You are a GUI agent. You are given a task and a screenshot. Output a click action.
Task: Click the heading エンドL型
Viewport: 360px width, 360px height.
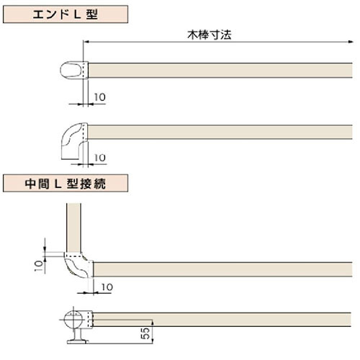click(66, 14)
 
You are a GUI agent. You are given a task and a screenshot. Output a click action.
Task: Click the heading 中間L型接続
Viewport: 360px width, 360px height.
click(66, 184)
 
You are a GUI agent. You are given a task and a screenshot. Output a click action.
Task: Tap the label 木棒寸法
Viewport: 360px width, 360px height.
click(210, 35)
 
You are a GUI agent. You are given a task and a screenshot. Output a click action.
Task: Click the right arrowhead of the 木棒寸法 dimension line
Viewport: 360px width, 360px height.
click(351, 42)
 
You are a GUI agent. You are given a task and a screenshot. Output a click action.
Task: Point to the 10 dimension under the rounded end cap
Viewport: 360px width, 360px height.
click(99, 97)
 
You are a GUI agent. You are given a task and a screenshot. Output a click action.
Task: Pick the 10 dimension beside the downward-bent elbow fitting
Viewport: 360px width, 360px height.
click(100, 158)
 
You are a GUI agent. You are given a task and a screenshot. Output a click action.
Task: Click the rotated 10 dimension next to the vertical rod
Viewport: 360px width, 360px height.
click(38, 266)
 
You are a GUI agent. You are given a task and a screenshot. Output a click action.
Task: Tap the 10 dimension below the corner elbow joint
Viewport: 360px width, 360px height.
click(107, 287)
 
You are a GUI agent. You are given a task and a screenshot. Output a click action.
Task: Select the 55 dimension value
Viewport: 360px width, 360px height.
click(145, 333)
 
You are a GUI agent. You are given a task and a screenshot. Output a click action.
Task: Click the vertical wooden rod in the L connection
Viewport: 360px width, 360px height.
click(73, 228)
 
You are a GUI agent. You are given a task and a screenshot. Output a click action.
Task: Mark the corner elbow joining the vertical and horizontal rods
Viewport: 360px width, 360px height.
click(78, 265)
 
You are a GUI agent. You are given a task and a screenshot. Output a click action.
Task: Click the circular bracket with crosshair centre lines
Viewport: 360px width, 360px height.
click(73, 320)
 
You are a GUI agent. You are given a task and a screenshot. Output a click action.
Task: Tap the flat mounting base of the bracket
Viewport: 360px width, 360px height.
click(78, 341)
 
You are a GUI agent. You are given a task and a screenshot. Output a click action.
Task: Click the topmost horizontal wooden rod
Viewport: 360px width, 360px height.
click(220, 70)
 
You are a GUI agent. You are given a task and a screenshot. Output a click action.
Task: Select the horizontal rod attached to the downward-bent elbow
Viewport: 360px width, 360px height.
click(220, 132)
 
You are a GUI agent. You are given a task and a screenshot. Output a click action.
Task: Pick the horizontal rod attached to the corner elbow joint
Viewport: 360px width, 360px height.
click(222, 269)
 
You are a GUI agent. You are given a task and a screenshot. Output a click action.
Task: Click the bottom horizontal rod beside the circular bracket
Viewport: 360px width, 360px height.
click(222, 320)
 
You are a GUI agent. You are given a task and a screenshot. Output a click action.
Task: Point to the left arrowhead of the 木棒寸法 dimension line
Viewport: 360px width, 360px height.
click(86, 42)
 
